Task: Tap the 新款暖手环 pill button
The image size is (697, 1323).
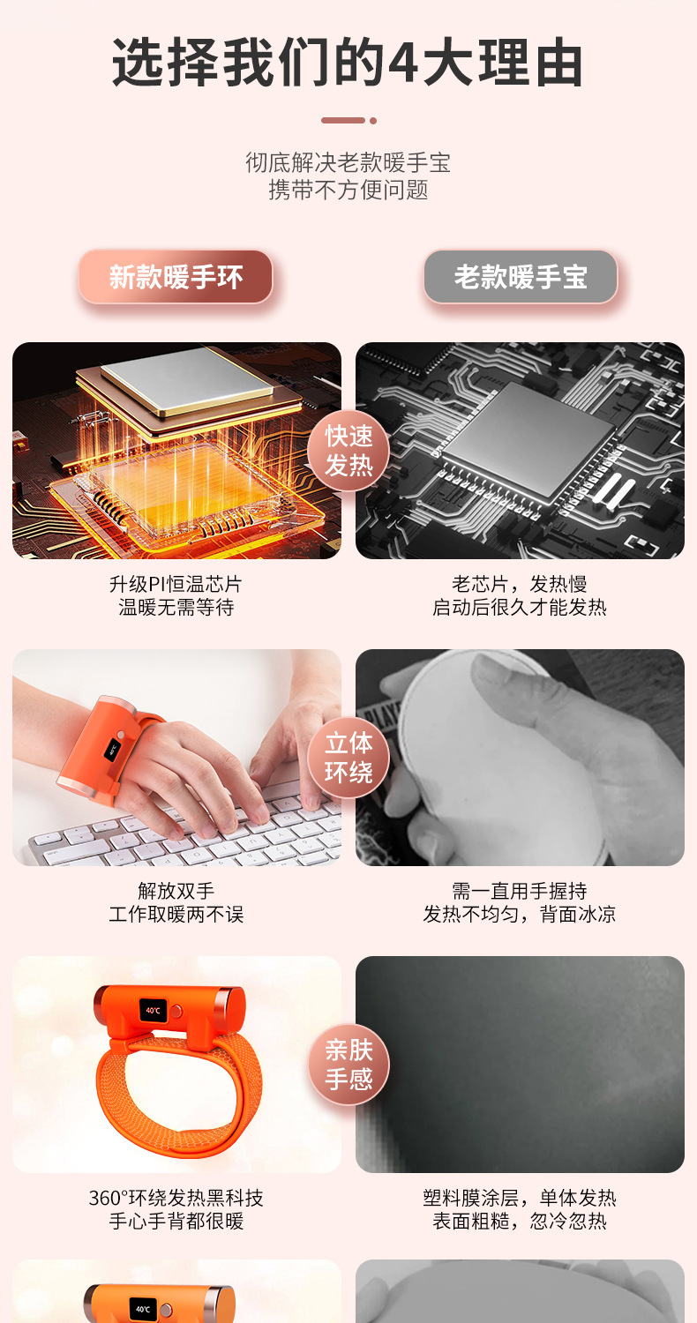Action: point(176,277)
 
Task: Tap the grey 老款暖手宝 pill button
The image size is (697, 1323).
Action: point(521,277)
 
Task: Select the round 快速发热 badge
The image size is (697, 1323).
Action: point(348,451)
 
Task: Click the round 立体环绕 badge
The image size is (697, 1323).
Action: point(348,758)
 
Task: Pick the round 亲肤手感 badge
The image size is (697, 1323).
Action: point(348,1065)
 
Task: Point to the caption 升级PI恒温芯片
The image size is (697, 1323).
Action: point(176,584)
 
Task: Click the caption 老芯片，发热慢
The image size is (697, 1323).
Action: point(520,584)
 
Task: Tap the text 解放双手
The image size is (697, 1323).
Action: point(176,891)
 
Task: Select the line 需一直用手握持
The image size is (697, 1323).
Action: point(520,891)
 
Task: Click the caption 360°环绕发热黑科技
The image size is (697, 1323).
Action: point(176,1198)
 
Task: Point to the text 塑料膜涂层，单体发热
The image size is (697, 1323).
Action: point(520,1198)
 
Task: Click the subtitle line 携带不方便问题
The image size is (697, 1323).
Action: point(348,190)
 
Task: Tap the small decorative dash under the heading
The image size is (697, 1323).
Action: point(344,120)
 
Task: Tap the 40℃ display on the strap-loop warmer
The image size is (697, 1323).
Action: point(154,1010)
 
